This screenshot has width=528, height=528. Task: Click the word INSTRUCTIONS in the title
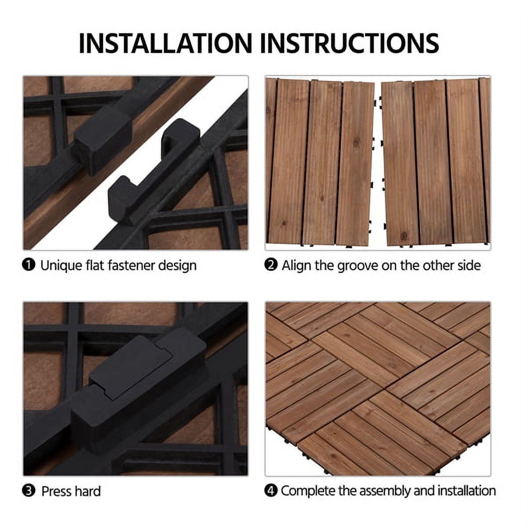point(352,43)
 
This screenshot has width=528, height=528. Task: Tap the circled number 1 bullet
point(29,265)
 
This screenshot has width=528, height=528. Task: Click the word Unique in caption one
point(61,265)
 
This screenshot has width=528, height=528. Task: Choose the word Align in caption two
point(295,265)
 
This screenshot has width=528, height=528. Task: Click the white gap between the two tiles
point(378,163)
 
